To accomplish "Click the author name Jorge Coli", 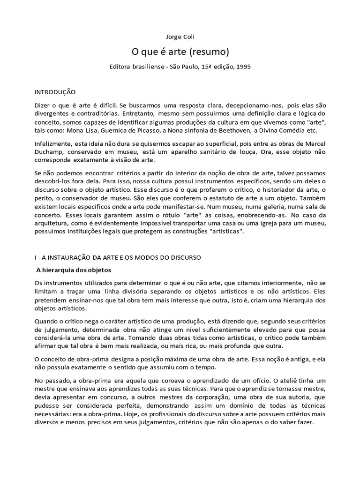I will pyautogui.click(x=180, y=36).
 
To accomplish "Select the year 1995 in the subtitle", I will pyautogui.click(x=242, y=67).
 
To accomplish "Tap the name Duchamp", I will pyautogui.click(x=50, y=152).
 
